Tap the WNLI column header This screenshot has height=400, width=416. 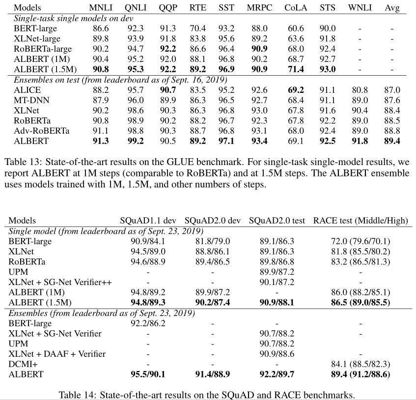pyautogui.click(x=360, y=8)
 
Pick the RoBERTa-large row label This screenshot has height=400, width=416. pyautogui.click(x=43, y=49)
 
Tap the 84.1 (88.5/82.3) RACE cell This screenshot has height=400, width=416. pyautogui.click(x=361, y=364)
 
